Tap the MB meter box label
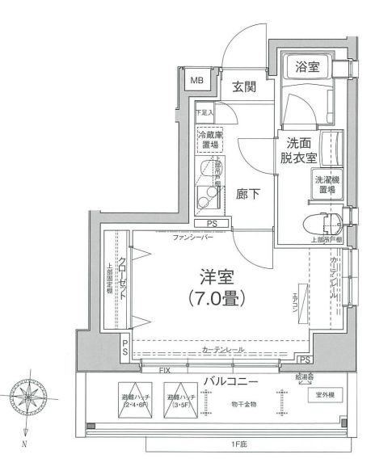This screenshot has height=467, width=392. pyautogui.click(x=196, y=81)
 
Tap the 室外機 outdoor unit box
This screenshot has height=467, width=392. pyautogui.click(x=327, y=396)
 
